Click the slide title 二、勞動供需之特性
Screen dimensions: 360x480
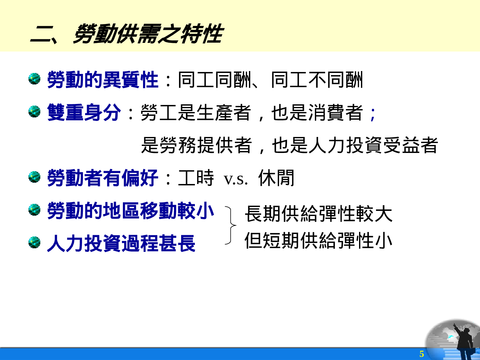click(x=127, y=34)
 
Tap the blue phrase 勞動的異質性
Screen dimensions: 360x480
click(x=103, y=80)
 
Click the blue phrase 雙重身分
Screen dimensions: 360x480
click(x=84, y=113)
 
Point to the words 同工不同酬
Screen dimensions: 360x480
click(x=317, y=80)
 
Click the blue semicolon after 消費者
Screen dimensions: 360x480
click(x=372, y=114)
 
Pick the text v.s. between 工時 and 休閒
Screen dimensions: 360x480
click(x=236, y=179)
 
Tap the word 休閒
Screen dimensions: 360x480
click(x=276, y=178)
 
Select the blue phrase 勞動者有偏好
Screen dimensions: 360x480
click(x=103, y=178)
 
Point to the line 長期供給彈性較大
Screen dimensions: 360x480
click(x=318, y=214)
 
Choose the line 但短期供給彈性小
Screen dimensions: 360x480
click(x=318, y=241)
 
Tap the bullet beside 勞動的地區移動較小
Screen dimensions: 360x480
click(x=34, y=210)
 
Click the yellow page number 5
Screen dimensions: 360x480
click(x=421, y=354)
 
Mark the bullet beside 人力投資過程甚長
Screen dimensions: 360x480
click(x=34, y=243)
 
